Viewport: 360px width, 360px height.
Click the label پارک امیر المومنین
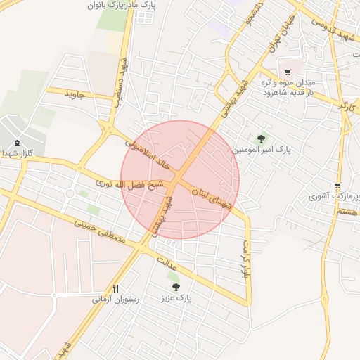tap(261, 150)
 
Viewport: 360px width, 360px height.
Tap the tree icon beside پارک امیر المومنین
tap(262, 139)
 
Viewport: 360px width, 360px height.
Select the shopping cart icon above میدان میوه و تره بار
tap(288, 72)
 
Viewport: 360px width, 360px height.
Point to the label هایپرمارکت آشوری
tap(333, 195)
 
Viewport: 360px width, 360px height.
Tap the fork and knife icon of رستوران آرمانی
tap(116, 288)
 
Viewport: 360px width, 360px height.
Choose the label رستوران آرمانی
tap(116, 299)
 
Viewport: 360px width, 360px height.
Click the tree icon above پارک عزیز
tap(176, 287)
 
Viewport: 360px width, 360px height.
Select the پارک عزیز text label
tap(175, 298)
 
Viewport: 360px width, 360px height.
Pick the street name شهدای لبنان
tap(224, 193)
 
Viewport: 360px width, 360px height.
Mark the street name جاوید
tap(74, 93)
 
